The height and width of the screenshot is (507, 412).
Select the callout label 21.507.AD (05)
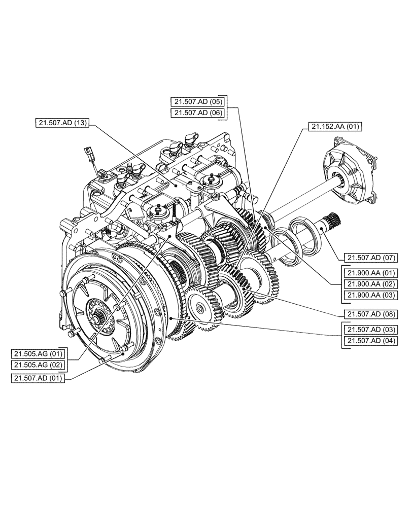point(198,101)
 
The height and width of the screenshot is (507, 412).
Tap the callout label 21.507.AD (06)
point(198,113)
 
